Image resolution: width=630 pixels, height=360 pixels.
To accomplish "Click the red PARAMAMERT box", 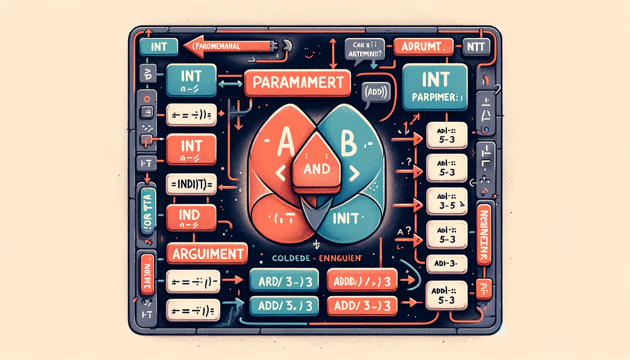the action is (297, 83).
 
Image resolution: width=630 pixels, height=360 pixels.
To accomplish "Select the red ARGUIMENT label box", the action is (207, 253).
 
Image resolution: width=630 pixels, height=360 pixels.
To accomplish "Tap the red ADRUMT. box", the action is (423, 46).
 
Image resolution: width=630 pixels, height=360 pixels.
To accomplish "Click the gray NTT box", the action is (476, 46).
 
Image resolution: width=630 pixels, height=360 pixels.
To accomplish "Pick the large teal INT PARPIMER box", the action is (435, 86).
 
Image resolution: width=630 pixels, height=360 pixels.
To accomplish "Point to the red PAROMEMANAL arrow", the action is (229, 46).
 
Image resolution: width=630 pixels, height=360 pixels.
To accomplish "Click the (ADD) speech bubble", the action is (375, 92).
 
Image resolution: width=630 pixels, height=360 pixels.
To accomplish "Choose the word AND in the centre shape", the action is (317, 169).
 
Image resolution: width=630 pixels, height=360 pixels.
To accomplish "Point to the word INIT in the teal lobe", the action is (345, 219).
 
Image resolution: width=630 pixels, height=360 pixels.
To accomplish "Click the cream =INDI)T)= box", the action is (191, 184).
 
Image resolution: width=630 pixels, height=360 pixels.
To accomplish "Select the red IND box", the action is (191, 218).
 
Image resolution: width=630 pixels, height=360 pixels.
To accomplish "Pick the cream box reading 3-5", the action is (447, 201).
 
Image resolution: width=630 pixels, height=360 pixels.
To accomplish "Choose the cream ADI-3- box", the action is (446, 264).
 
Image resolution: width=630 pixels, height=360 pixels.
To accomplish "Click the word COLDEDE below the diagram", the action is (291, 258).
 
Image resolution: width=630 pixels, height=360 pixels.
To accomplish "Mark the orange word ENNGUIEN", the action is (340, 258).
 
